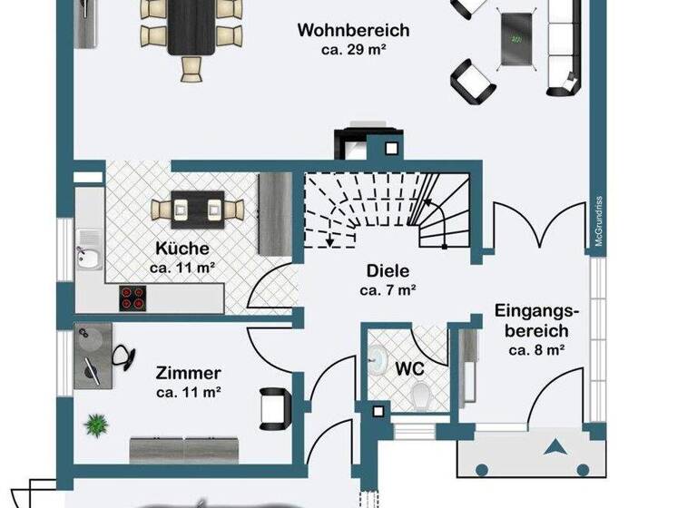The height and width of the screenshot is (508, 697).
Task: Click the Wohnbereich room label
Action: click(353, 31)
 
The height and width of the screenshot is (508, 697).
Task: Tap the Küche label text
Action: click(182, 248)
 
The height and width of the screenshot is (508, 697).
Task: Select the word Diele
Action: click(388, 270)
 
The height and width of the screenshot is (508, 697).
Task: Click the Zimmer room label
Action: click(189, 373)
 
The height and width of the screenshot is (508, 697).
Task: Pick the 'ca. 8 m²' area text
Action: click(537, 350)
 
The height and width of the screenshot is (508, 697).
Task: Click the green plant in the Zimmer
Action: click(94, 424)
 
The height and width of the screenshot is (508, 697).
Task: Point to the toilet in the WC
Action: click(420, 395)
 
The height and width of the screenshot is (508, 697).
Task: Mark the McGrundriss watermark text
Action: click(600, 222)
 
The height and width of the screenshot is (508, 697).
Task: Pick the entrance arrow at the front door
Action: click(555, 447)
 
